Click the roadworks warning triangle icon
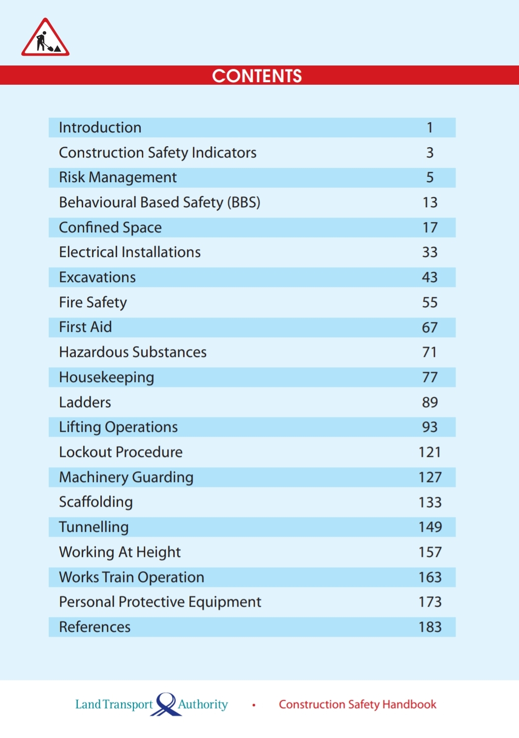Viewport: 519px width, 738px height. [45, 38]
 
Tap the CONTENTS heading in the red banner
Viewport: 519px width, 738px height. [257, 76]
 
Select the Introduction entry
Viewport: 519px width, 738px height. [100, 128]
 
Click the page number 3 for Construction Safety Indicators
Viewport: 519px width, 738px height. [429, 153]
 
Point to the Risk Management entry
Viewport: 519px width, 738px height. [118, 177]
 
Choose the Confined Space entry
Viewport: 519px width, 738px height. [110, 227]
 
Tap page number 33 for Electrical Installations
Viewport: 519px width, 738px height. [429, 252]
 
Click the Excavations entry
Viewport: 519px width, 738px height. [97, 277]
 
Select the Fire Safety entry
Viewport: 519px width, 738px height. [93, 302]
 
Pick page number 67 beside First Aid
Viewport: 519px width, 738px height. [429, 327]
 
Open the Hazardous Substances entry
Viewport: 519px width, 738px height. [133, 352]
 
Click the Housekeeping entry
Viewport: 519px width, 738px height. [106, 377]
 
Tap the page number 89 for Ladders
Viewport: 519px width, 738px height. [429, 402]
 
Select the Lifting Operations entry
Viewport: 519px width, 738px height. [118, 427]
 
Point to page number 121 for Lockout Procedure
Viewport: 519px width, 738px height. [429, 452]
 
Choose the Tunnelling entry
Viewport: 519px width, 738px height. [93, 527]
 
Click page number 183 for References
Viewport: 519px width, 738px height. [430, 627]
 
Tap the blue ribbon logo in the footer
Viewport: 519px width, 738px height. [166, 704]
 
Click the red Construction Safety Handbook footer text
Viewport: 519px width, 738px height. [358, 705]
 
